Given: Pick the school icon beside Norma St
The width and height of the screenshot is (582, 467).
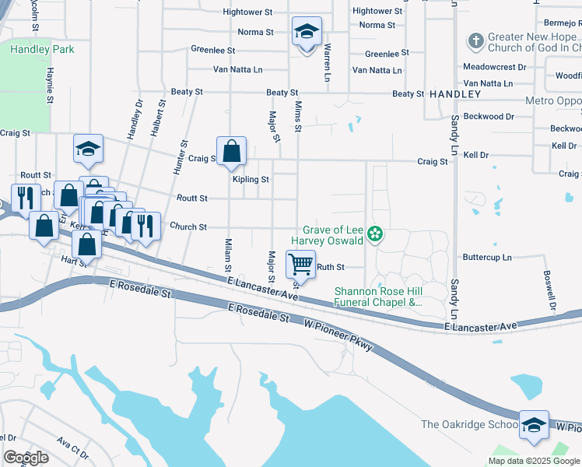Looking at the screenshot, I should coord(307,33).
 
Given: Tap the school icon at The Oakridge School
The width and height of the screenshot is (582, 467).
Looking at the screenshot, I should coord(534,425).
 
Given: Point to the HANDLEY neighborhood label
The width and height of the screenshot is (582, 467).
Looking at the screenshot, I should coord(455,93).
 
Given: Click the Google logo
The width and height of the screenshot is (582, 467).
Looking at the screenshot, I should coord(26,458).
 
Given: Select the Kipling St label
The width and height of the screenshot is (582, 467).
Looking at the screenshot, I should coord(251,179).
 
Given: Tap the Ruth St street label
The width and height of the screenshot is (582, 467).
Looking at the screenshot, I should coord(331,267).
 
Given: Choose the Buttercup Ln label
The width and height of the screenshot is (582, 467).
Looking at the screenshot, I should coord(487,256).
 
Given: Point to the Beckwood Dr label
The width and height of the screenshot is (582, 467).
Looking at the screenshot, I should coord(488,117).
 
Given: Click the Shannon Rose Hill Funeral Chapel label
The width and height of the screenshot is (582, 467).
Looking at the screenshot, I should coord(378,297).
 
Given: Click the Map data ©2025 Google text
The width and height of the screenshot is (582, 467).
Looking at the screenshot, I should coord(534,460).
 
